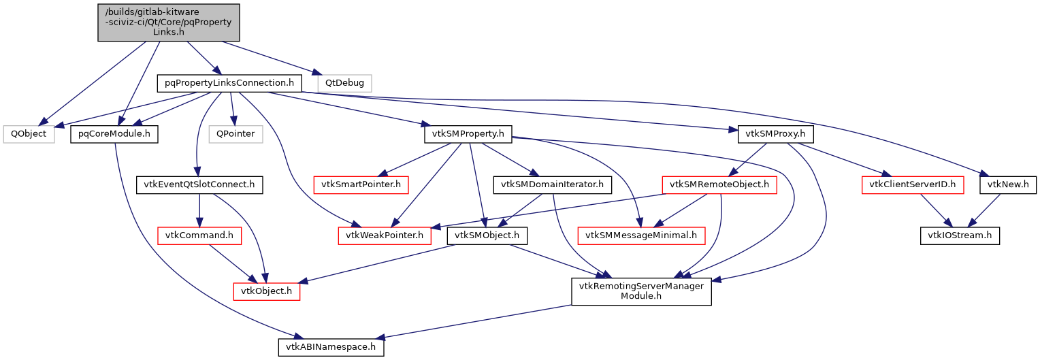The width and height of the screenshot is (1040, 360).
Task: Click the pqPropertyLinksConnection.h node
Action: tap(229, 84)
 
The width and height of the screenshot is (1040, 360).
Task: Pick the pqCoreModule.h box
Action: tap(114, 134)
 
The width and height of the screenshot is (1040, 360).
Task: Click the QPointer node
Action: tap(235, 134)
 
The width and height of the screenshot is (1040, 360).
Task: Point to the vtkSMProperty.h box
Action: tap(468, 134)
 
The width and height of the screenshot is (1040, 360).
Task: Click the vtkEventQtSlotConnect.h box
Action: tap(199, 184)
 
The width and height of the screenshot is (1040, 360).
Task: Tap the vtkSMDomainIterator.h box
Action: tap(552, 184)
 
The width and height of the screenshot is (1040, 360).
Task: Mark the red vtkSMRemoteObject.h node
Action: tap(719, 184)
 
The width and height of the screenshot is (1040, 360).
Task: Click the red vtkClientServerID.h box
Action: tap(913, 184)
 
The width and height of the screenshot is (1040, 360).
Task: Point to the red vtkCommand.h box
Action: tap(200, 236)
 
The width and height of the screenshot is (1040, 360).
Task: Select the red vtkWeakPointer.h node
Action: tap(385, 236)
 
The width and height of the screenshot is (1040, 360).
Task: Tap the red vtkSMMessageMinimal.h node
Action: tap(641, 236)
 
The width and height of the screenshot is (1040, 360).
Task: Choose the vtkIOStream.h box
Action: tap(960, 236)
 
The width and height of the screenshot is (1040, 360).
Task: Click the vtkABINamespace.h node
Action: tap(331, 346)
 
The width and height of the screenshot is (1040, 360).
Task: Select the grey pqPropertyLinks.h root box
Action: tap(169, 22)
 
